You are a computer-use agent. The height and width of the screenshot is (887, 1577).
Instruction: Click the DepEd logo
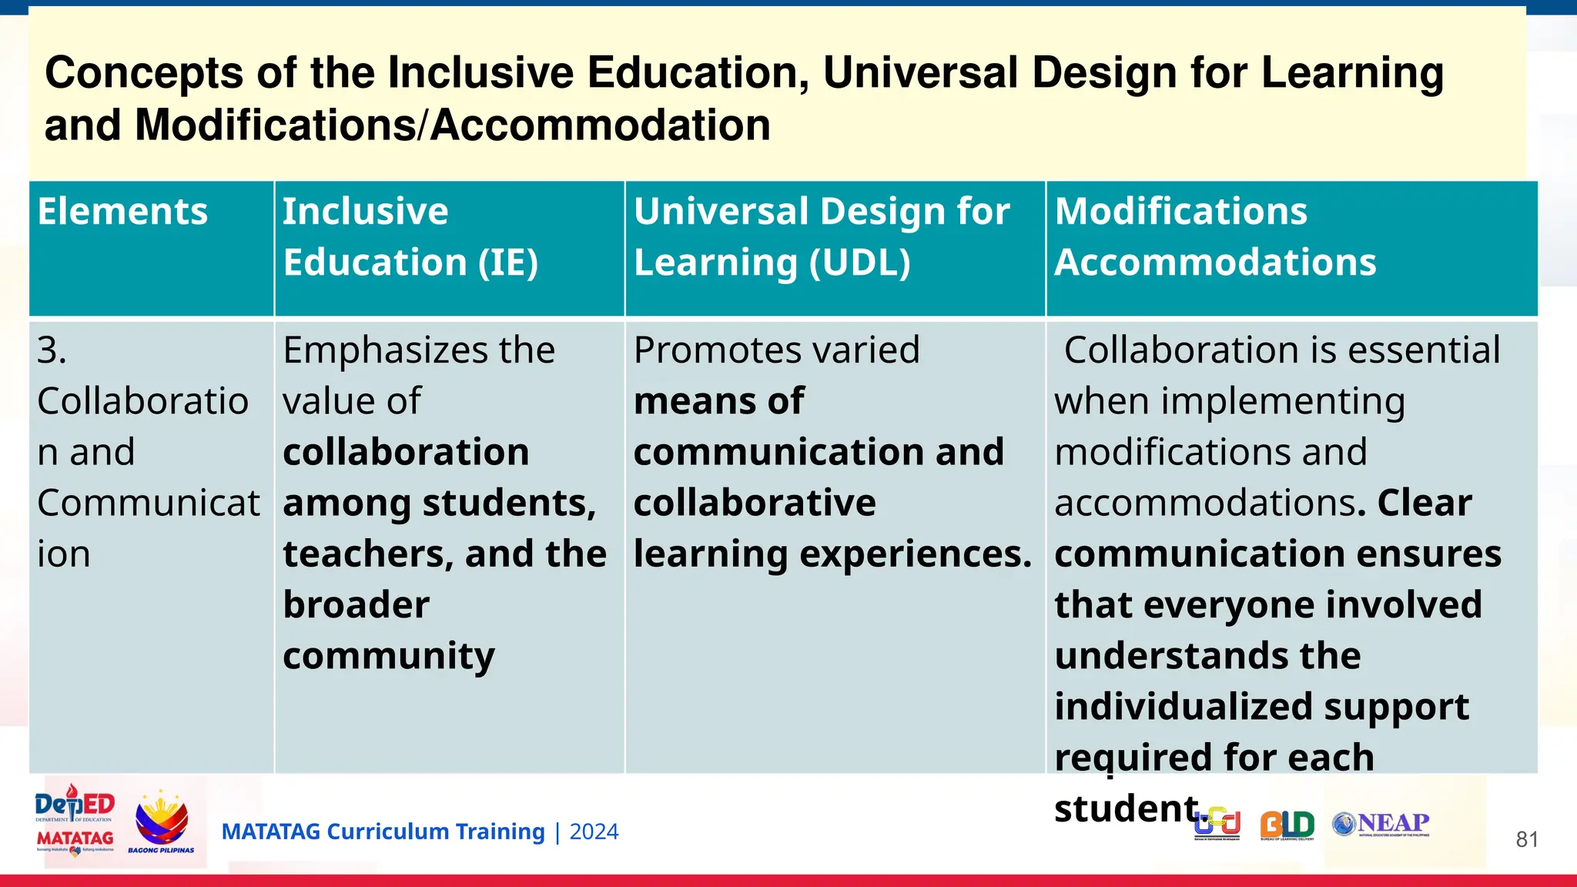(x=75, y=805)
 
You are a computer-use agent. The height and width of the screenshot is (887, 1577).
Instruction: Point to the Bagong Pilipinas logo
(x=161, y=822)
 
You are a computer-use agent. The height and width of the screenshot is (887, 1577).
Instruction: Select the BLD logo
(x=1287, y=825)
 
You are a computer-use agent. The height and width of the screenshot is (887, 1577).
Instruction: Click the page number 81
(x=1526, y=839)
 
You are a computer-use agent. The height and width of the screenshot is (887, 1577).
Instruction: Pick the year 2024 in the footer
(x=594, y=832)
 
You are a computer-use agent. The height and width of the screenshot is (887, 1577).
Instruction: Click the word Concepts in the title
(x=144, y=73)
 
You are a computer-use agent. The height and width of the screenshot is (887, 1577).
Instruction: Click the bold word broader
(x=356, y=605)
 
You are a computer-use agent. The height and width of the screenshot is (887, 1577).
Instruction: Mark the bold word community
(x=388, y=656)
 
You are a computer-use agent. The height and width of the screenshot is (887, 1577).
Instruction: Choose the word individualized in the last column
(x=1174, y=707)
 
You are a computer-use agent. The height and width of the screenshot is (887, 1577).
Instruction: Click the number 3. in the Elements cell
(x=52, y=351)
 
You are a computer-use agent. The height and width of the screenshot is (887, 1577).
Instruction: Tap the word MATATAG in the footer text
(x=270, y=832)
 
